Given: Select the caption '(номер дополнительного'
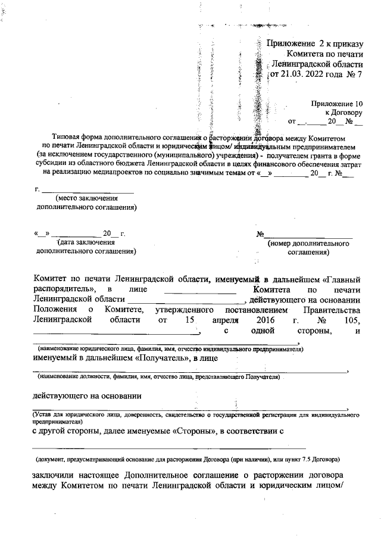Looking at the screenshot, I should [x=308, y=244].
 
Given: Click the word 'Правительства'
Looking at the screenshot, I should [x=332, y=310].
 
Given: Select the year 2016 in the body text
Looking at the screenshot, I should [x=263, y=320].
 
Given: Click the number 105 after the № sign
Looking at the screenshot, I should [x=353, y=320].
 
